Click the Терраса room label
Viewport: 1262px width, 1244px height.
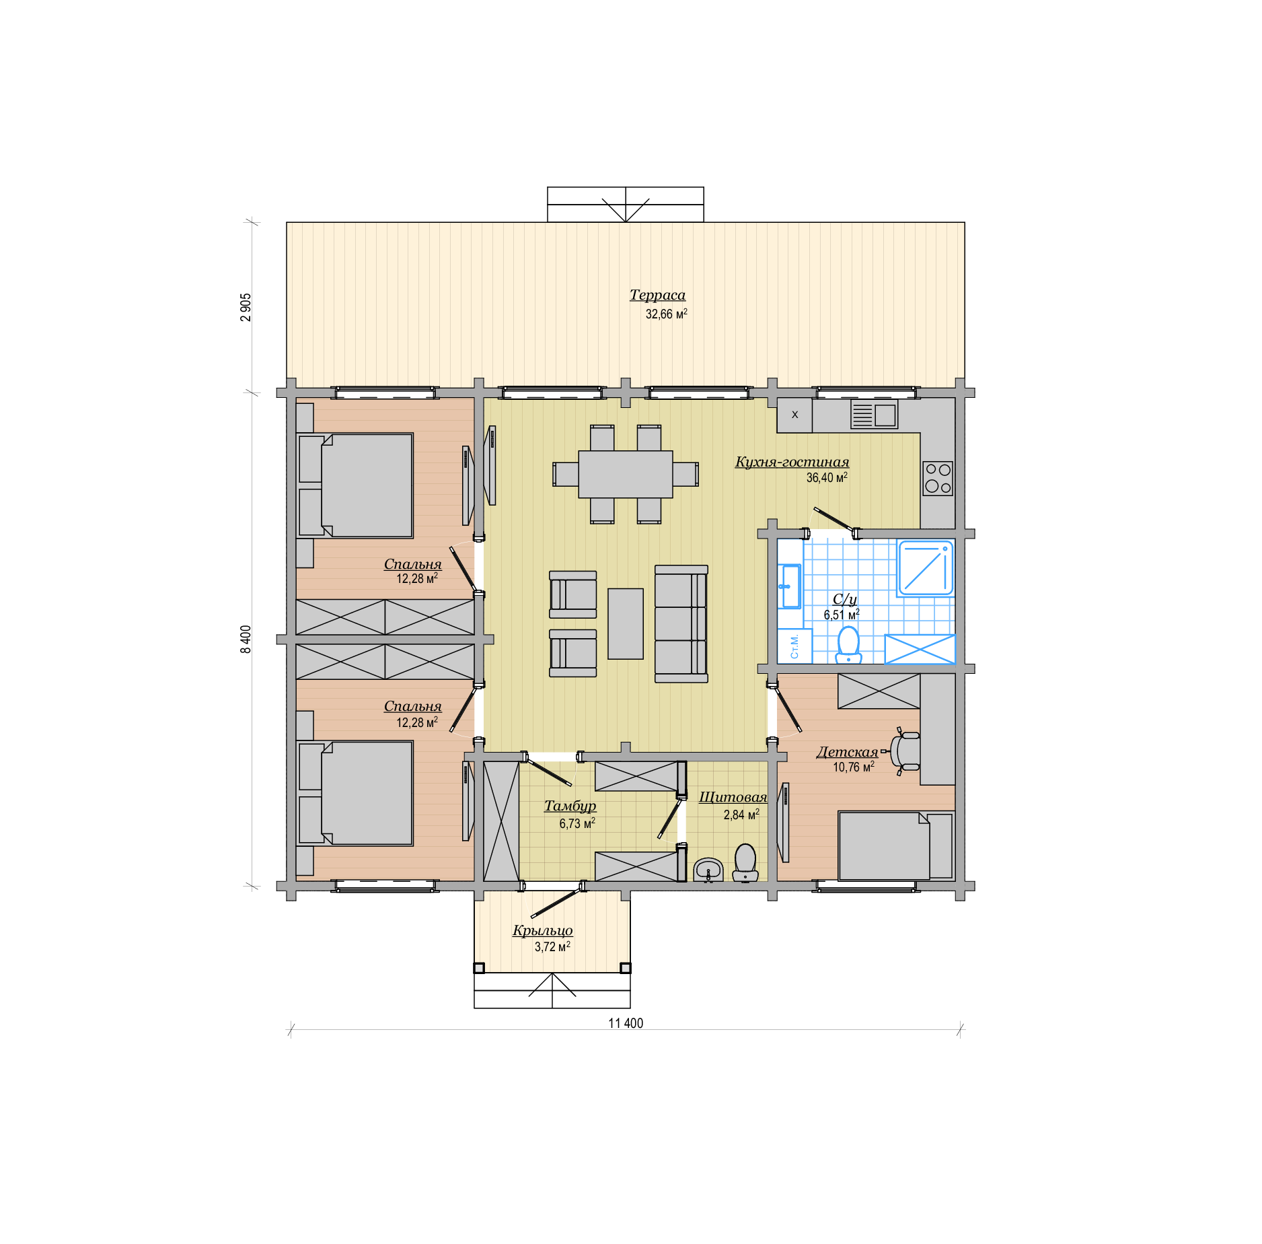657,295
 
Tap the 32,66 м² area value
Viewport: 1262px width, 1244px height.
666,314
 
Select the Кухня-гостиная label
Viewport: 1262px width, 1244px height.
792,462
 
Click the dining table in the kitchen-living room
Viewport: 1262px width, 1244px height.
626,474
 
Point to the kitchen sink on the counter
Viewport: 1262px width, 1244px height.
874,415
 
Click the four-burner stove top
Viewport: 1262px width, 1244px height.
938,478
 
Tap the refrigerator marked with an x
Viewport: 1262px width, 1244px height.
794,415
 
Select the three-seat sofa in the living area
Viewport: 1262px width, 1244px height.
681,624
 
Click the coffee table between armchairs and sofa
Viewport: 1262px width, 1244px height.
626,624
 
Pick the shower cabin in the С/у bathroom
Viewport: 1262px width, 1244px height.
926,568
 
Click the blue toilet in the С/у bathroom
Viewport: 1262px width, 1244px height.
848,646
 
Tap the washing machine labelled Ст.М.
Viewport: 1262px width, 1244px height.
795,646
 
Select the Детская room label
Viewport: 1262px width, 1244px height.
847,752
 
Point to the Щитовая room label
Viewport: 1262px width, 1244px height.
733,797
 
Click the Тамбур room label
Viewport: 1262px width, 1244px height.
570,806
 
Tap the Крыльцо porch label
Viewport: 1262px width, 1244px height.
542,930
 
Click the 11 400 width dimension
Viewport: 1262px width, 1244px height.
626,1023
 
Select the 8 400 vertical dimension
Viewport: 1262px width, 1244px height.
246,639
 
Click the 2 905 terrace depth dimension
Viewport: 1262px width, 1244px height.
246,307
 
